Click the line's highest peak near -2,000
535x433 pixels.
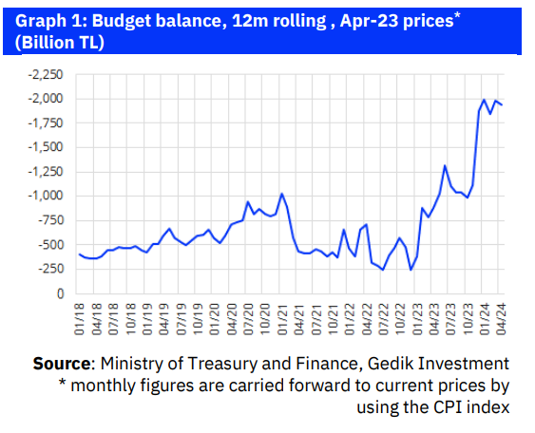tap(485, 100)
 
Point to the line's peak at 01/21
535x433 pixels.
tap(281, 194)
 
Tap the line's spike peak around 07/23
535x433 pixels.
tap(445, 166)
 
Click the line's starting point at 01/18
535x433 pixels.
tap(79, 254)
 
